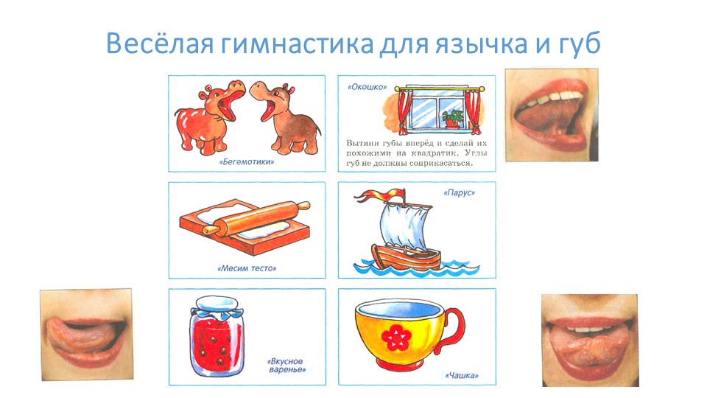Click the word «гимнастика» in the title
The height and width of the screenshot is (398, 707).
point(295,44)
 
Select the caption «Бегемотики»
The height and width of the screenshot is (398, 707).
point(247,161)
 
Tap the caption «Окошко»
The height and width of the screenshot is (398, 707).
point(367,86)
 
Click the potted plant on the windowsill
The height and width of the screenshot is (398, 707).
point(452,117)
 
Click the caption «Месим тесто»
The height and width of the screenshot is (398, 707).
point(247,268)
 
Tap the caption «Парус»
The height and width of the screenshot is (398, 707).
point(460,193)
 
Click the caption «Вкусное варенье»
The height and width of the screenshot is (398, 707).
point(286,366)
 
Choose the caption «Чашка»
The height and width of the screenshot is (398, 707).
point(462,376)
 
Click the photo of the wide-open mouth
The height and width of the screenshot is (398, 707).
point(551,114)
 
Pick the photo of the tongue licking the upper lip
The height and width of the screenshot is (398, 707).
point(86,328)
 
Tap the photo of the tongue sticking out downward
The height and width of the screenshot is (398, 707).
point(589,340)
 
